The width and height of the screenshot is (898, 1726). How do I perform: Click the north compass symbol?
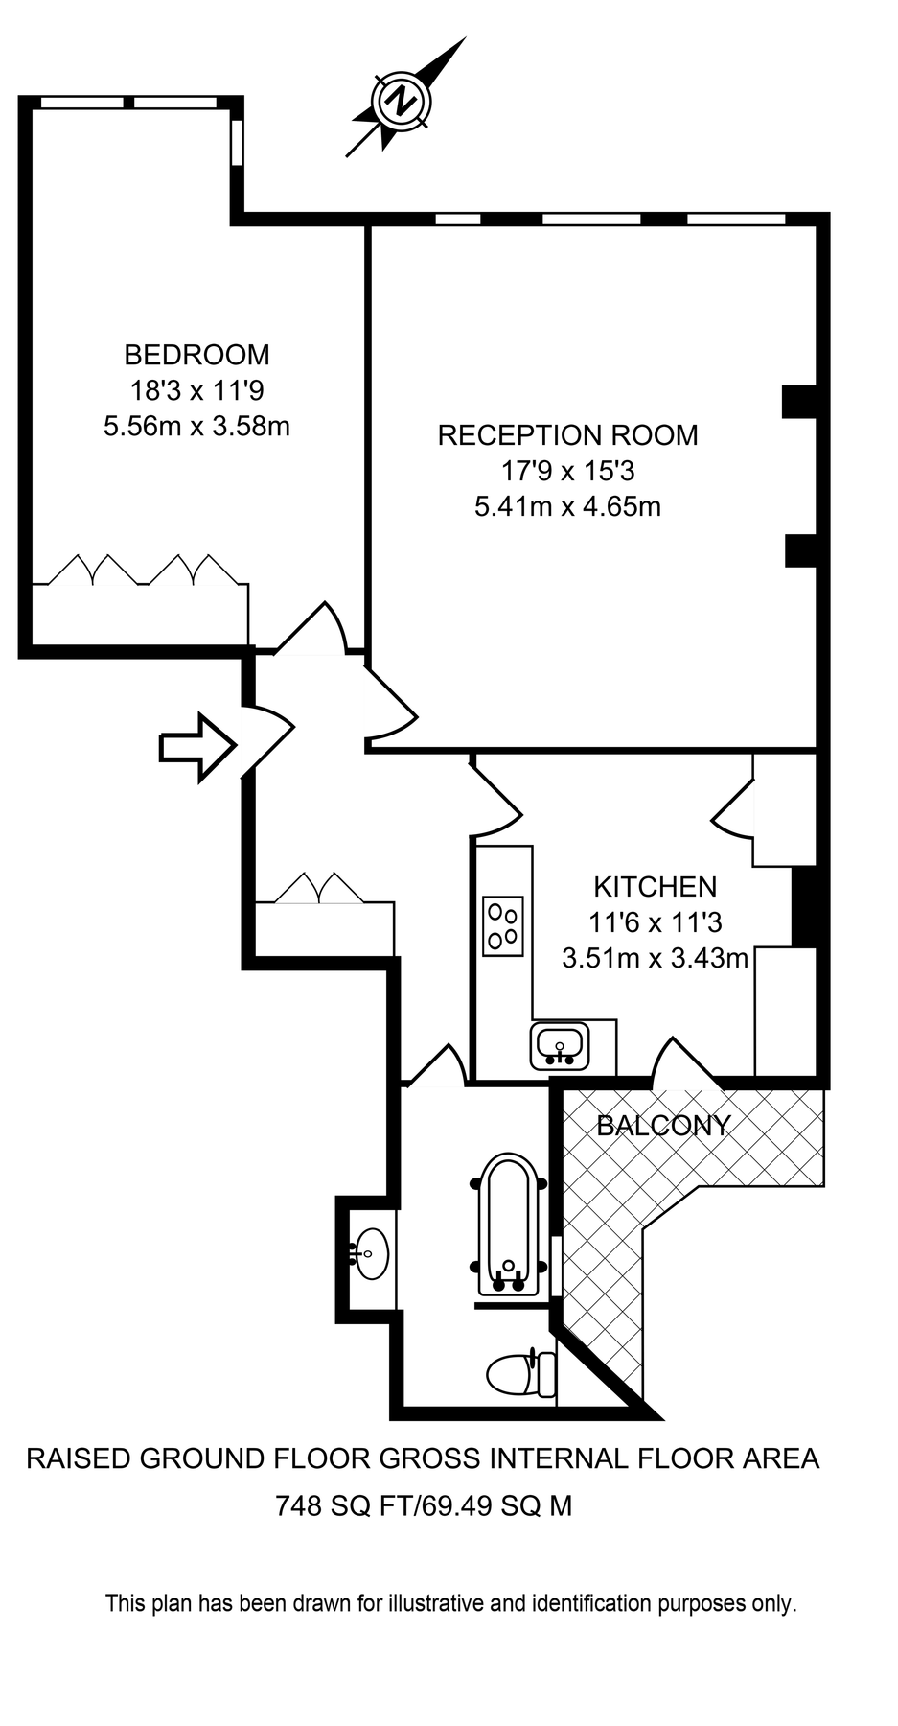pyautogui.click(x=402, y=100)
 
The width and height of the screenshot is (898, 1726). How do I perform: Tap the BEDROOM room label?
pyautogui.click(x=196, y=355)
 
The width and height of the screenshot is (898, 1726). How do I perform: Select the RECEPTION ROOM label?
pyautogui.click(x=567, y=435)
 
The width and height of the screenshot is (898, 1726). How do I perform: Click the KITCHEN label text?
pyautogui.click(x=655, y=886)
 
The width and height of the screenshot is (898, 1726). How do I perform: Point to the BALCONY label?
pyautogui.click(x=663, y=1126)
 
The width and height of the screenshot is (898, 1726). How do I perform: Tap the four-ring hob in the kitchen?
pyautogui.click(x=502, y=925)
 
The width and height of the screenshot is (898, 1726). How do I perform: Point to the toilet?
pyautogui.click(x=521, y=1373)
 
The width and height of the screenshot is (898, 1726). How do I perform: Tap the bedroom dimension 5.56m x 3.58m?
pyautogui.click(x=196, y=426)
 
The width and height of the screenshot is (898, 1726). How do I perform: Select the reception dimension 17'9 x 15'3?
pyautogui.click(x=567, y=471)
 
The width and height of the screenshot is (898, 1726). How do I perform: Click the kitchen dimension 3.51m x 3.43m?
pyautogui.click(x=655, y=958)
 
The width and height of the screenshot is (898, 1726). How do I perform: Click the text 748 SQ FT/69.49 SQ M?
pyautogui.click(x=424, y=1505)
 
